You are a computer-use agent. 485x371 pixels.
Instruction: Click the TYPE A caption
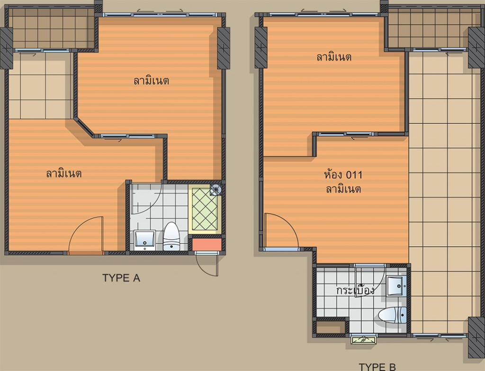click(121, 278)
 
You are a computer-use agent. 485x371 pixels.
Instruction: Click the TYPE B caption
click(377, 366)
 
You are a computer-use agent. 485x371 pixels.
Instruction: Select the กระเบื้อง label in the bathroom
click(355, 290)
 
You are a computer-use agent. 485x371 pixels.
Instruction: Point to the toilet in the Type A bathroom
click(171, 237)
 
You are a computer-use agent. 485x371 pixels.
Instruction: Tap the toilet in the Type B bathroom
click(392, 314)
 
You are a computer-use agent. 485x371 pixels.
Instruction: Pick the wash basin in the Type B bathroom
click(396, 286)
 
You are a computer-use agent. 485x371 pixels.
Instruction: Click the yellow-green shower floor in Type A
click(205, 209)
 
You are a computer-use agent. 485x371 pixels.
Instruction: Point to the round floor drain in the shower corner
click(216, 189)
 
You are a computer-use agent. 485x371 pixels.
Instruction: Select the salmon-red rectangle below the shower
click(207, 244)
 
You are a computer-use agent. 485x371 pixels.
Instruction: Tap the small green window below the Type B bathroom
click(364, 338)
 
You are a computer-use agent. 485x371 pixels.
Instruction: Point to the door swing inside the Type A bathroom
click(147, 199)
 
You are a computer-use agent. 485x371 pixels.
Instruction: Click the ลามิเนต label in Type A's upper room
click(151, 81)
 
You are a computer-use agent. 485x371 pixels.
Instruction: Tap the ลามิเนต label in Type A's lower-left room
click(64, 174)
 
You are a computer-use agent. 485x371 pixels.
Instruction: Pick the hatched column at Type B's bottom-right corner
click(476, 336)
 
